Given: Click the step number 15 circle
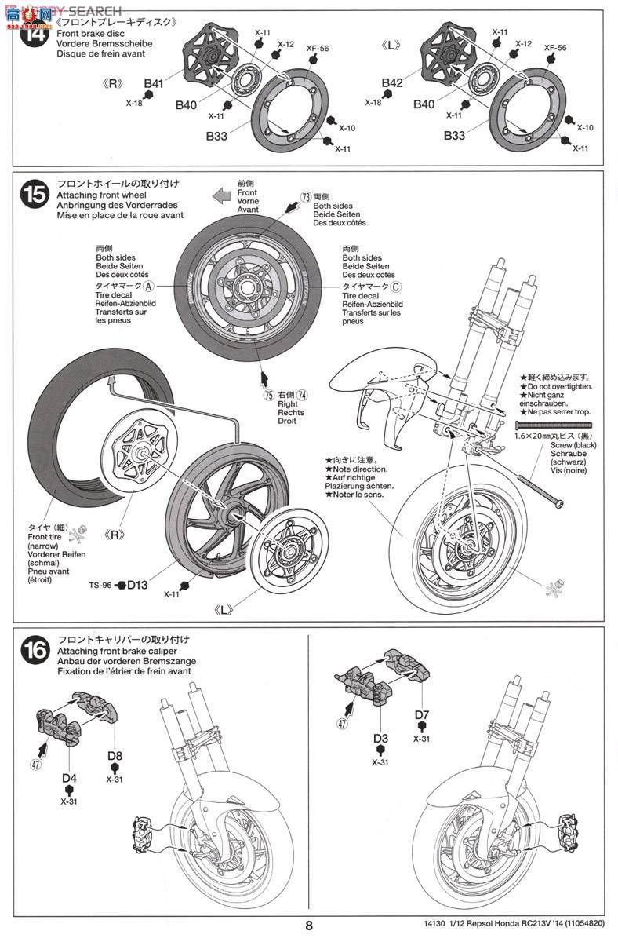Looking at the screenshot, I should (34, 194).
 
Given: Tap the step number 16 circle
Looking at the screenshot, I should (34, 651).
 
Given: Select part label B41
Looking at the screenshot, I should (153, 83).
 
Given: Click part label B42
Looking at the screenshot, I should (391, 83).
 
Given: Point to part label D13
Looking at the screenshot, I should (137, 584).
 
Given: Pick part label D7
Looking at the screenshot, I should (422, 714).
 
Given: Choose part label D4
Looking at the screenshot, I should (68, 778).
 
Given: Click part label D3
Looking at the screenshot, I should (380, 738).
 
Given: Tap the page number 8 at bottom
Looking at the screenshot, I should (309, 926).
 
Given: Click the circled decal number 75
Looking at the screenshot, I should (267, 395).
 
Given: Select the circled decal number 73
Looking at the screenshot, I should (306, 196).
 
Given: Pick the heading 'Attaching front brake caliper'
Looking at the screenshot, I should (113, 652).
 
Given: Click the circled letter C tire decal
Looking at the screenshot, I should (396, 287).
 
